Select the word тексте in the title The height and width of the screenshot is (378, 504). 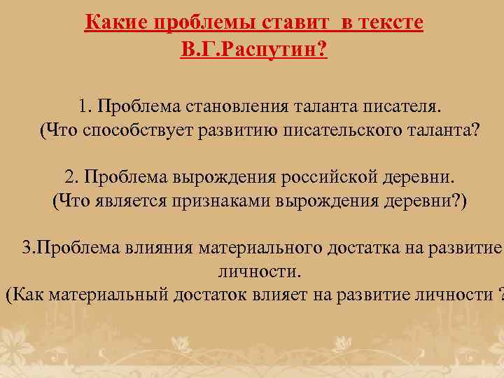coord(393,24)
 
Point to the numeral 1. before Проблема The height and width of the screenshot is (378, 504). coord(86,106)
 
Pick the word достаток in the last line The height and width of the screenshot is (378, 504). coord(209,294)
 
